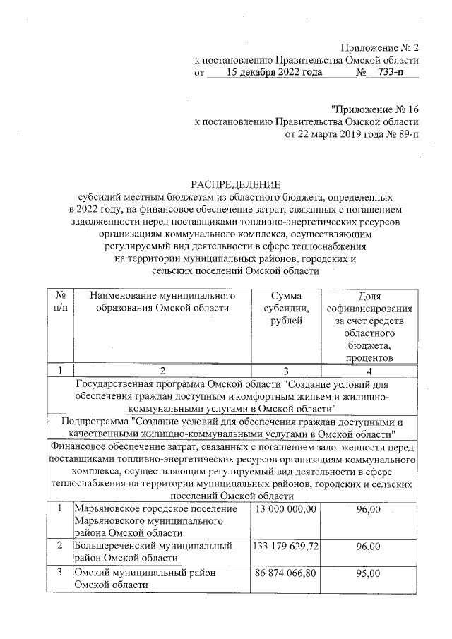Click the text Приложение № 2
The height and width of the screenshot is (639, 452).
coord(380,48)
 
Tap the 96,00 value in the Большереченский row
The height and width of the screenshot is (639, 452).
coord(369,547)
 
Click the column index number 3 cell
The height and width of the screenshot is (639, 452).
coord(285,371)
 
